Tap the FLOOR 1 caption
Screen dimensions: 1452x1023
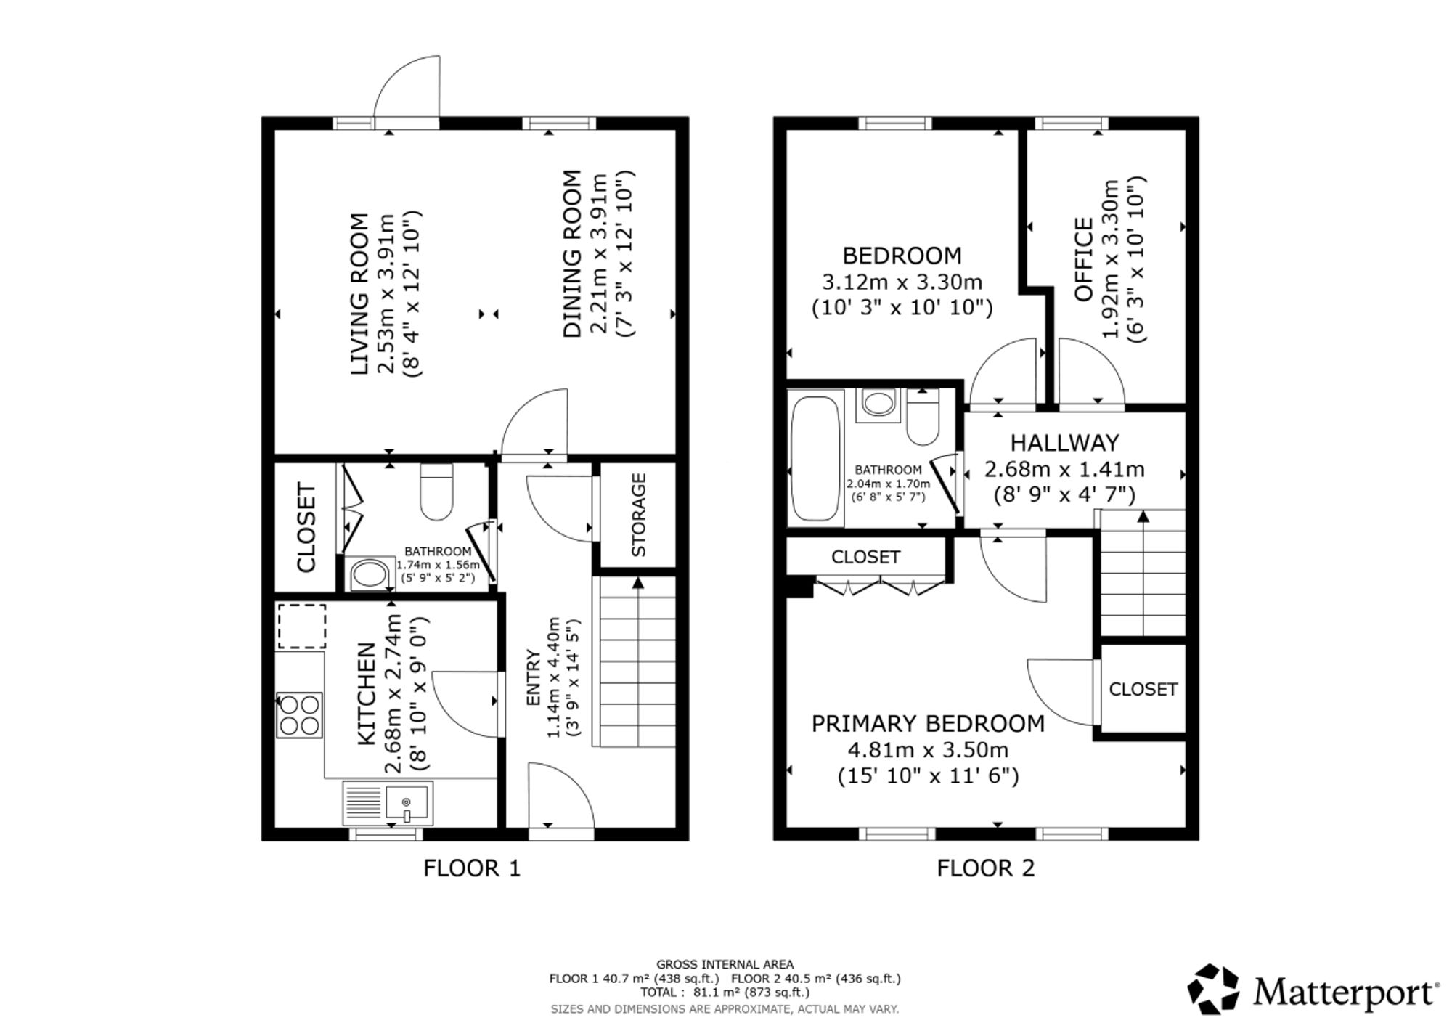472,868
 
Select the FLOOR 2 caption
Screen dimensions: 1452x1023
985,868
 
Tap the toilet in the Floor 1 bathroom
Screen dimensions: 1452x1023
437,492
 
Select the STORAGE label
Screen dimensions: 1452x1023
639,515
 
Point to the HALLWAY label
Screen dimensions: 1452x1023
1064,442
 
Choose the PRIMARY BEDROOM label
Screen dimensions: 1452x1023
928,723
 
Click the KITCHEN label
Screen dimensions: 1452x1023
367,694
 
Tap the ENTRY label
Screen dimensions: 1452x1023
533,677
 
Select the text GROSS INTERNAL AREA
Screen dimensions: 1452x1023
725,965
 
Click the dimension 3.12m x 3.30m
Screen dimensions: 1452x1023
902,281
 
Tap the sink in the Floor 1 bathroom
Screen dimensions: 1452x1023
370,575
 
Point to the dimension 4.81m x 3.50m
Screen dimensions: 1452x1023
928,749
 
